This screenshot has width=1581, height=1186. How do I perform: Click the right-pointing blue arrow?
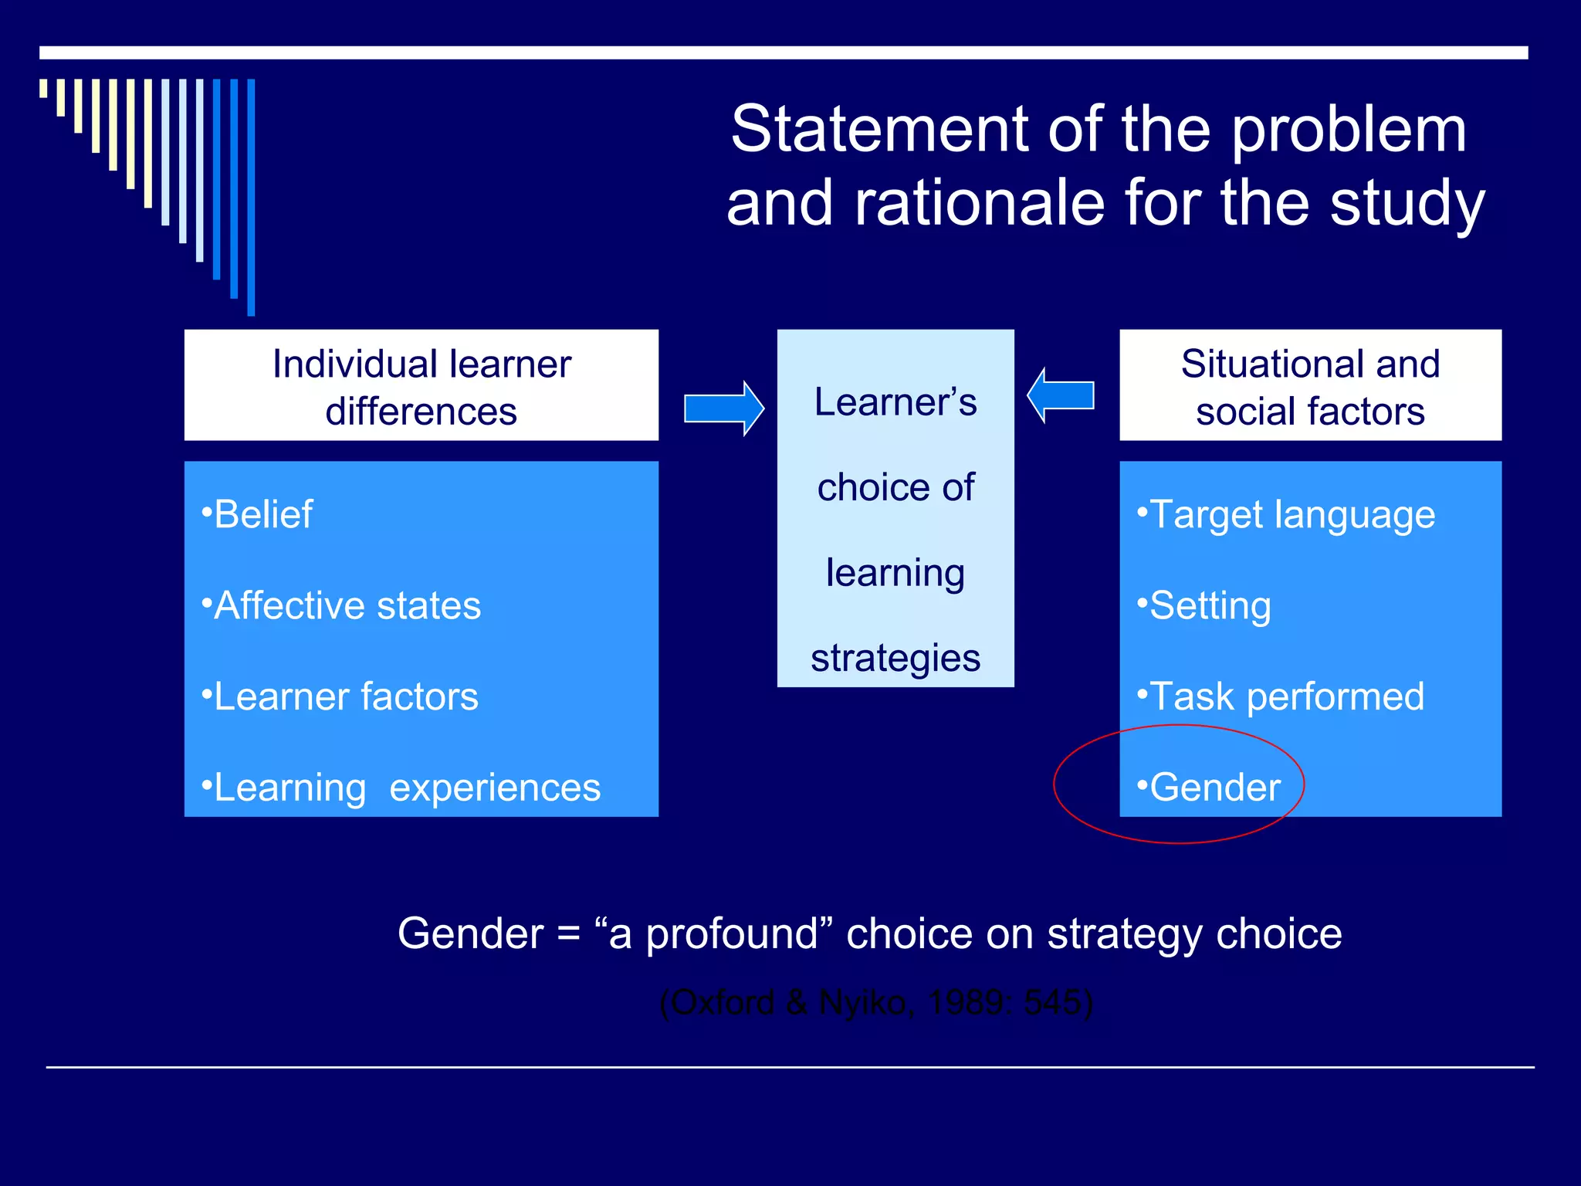[723, 408]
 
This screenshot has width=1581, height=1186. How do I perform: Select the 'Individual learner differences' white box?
[421, 385]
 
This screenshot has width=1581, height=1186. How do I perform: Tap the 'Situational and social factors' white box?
[1310, 385]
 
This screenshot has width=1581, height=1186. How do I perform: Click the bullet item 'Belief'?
[262, 514]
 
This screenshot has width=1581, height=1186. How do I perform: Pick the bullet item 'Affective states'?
[347, 605]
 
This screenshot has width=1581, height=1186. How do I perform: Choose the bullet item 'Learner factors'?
[345, 696]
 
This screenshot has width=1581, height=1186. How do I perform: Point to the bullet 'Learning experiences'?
[406, 788]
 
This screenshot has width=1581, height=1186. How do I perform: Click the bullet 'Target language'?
[1292, 514]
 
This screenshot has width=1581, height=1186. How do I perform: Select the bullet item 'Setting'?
[1209, 605]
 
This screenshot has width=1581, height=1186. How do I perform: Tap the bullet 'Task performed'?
[1286, 696]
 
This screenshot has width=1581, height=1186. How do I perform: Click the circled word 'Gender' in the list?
[1214, 788]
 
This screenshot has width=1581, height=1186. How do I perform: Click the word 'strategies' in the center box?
[895, 659]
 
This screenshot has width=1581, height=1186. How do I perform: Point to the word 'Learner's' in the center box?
[895, 402]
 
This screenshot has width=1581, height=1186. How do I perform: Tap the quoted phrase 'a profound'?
[712, 934]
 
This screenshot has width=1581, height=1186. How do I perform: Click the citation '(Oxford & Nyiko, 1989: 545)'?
[876, 1003]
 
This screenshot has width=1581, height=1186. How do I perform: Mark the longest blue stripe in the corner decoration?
[251, 197]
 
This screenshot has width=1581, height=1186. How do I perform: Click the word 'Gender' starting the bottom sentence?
[470, 934]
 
